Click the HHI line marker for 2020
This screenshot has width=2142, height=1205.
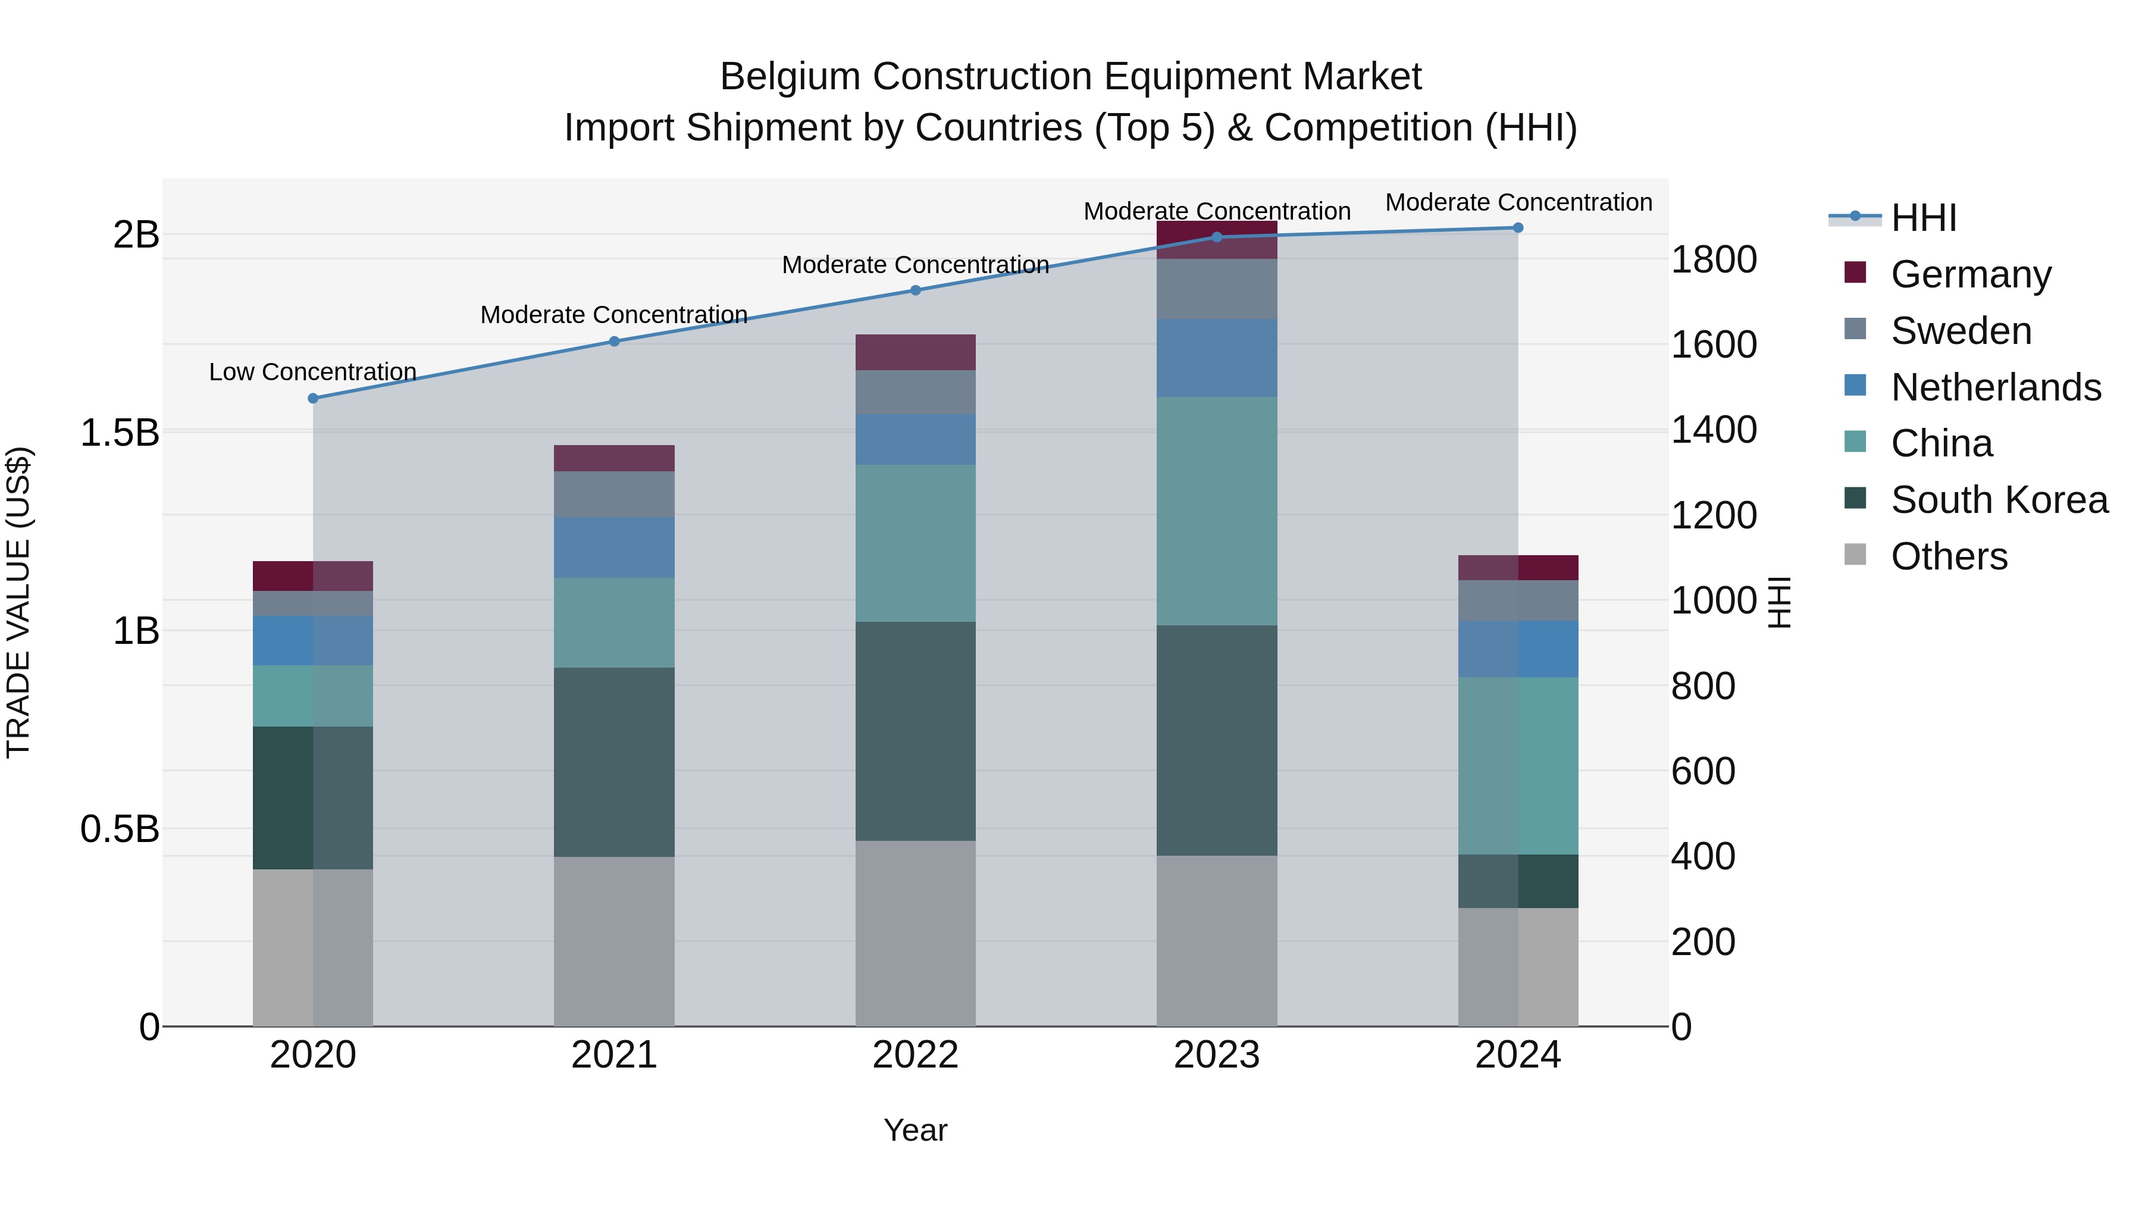click(x=312, y=398)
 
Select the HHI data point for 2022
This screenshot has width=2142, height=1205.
click(x=916, y=290)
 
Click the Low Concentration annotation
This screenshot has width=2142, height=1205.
click(x=312, y=372)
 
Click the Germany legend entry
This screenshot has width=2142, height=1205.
click(x=1970, y=274)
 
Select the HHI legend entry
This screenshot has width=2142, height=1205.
click(x=1922, y=218)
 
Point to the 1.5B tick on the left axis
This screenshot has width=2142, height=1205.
click(x=120, y=433)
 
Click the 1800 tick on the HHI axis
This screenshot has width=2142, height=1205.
click(x=1713, y=259)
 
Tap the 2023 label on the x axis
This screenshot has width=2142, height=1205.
click(x=1217, y=1055)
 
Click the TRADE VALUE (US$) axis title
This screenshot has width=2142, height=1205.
click(x=18, y=602)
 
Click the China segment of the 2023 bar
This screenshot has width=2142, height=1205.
click(x=1217, y=511)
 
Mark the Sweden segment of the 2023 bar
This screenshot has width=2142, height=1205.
click(x=1217, y=289)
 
